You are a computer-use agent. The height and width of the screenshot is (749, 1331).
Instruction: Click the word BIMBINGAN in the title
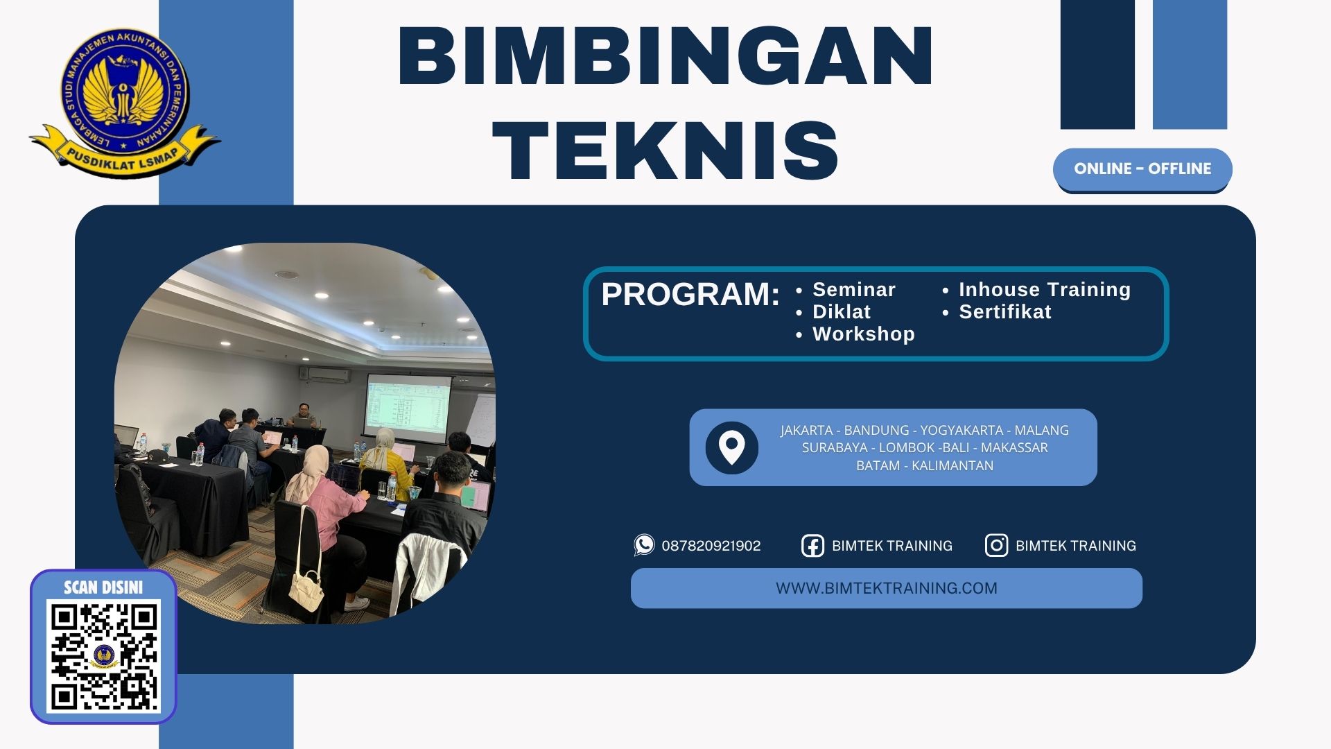coord(665,55)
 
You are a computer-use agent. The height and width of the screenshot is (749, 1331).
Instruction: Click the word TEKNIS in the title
coord(665,150)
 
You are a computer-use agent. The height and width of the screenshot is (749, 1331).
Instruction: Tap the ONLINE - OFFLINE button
coord(1142,169)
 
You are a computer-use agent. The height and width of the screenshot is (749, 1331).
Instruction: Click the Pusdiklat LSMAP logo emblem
coord(125,101)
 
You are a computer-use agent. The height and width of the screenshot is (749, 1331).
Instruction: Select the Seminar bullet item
coord(853,289)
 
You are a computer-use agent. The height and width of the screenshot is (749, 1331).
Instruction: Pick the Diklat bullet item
coord(841,311)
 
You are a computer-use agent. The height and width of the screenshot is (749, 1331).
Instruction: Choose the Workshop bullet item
coord(863,334)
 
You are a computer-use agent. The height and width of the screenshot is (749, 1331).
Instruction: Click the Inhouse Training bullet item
coord(1044,289)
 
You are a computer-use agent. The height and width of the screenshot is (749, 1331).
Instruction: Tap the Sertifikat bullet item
coord(1004,311)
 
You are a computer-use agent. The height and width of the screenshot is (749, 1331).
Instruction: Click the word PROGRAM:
coord(690,294)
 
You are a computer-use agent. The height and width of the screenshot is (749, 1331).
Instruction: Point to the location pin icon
coord(731,447)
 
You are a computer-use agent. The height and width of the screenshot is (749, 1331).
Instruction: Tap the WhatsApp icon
coord(644,545)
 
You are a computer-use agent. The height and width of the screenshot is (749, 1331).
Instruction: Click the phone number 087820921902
coord(711,546)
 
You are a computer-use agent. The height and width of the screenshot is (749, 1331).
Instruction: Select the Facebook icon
coord(812,546)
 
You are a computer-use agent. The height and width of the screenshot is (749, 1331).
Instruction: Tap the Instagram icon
coord(996,546)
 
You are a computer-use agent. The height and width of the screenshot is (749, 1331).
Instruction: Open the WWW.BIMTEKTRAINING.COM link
coord(886,588)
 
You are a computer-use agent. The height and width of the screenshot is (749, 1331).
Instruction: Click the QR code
coord(104,656)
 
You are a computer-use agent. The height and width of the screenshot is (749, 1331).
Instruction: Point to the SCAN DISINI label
coord(103,587)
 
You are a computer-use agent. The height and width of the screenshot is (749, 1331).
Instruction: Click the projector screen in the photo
coord(407,408)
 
